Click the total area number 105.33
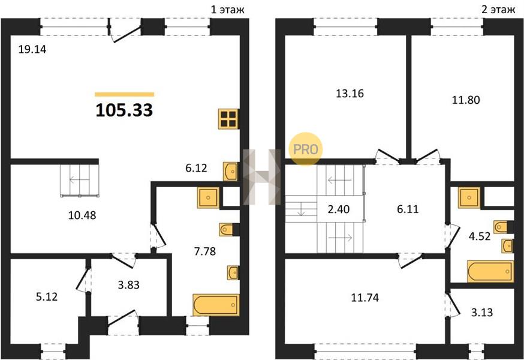pos(124,110)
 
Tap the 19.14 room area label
pos(32,50)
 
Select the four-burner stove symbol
pos(228,119)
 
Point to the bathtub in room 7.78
pos(216,305)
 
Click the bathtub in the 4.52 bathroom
pos(490,271)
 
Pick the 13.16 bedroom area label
pos(350,94)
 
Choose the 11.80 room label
pos(466,100)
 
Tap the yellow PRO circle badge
pos(305,149)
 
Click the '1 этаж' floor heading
pos(227,10)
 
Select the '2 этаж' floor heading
pos(498,10)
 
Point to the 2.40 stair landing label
pos(339,209)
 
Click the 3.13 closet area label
pos(482,312)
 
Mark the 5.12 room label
pos(47,296)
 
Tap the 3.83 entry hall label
pos(129,285)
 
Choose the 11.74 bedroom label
pos(365,298)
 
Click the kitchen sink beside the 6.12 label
pos(231,172)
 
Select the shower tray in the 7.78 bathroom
pos(208,198)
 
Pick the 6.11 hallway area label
pos(408,209)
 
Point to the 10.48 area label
pos(82,215)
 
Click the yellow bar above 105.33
pos(124,94)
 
